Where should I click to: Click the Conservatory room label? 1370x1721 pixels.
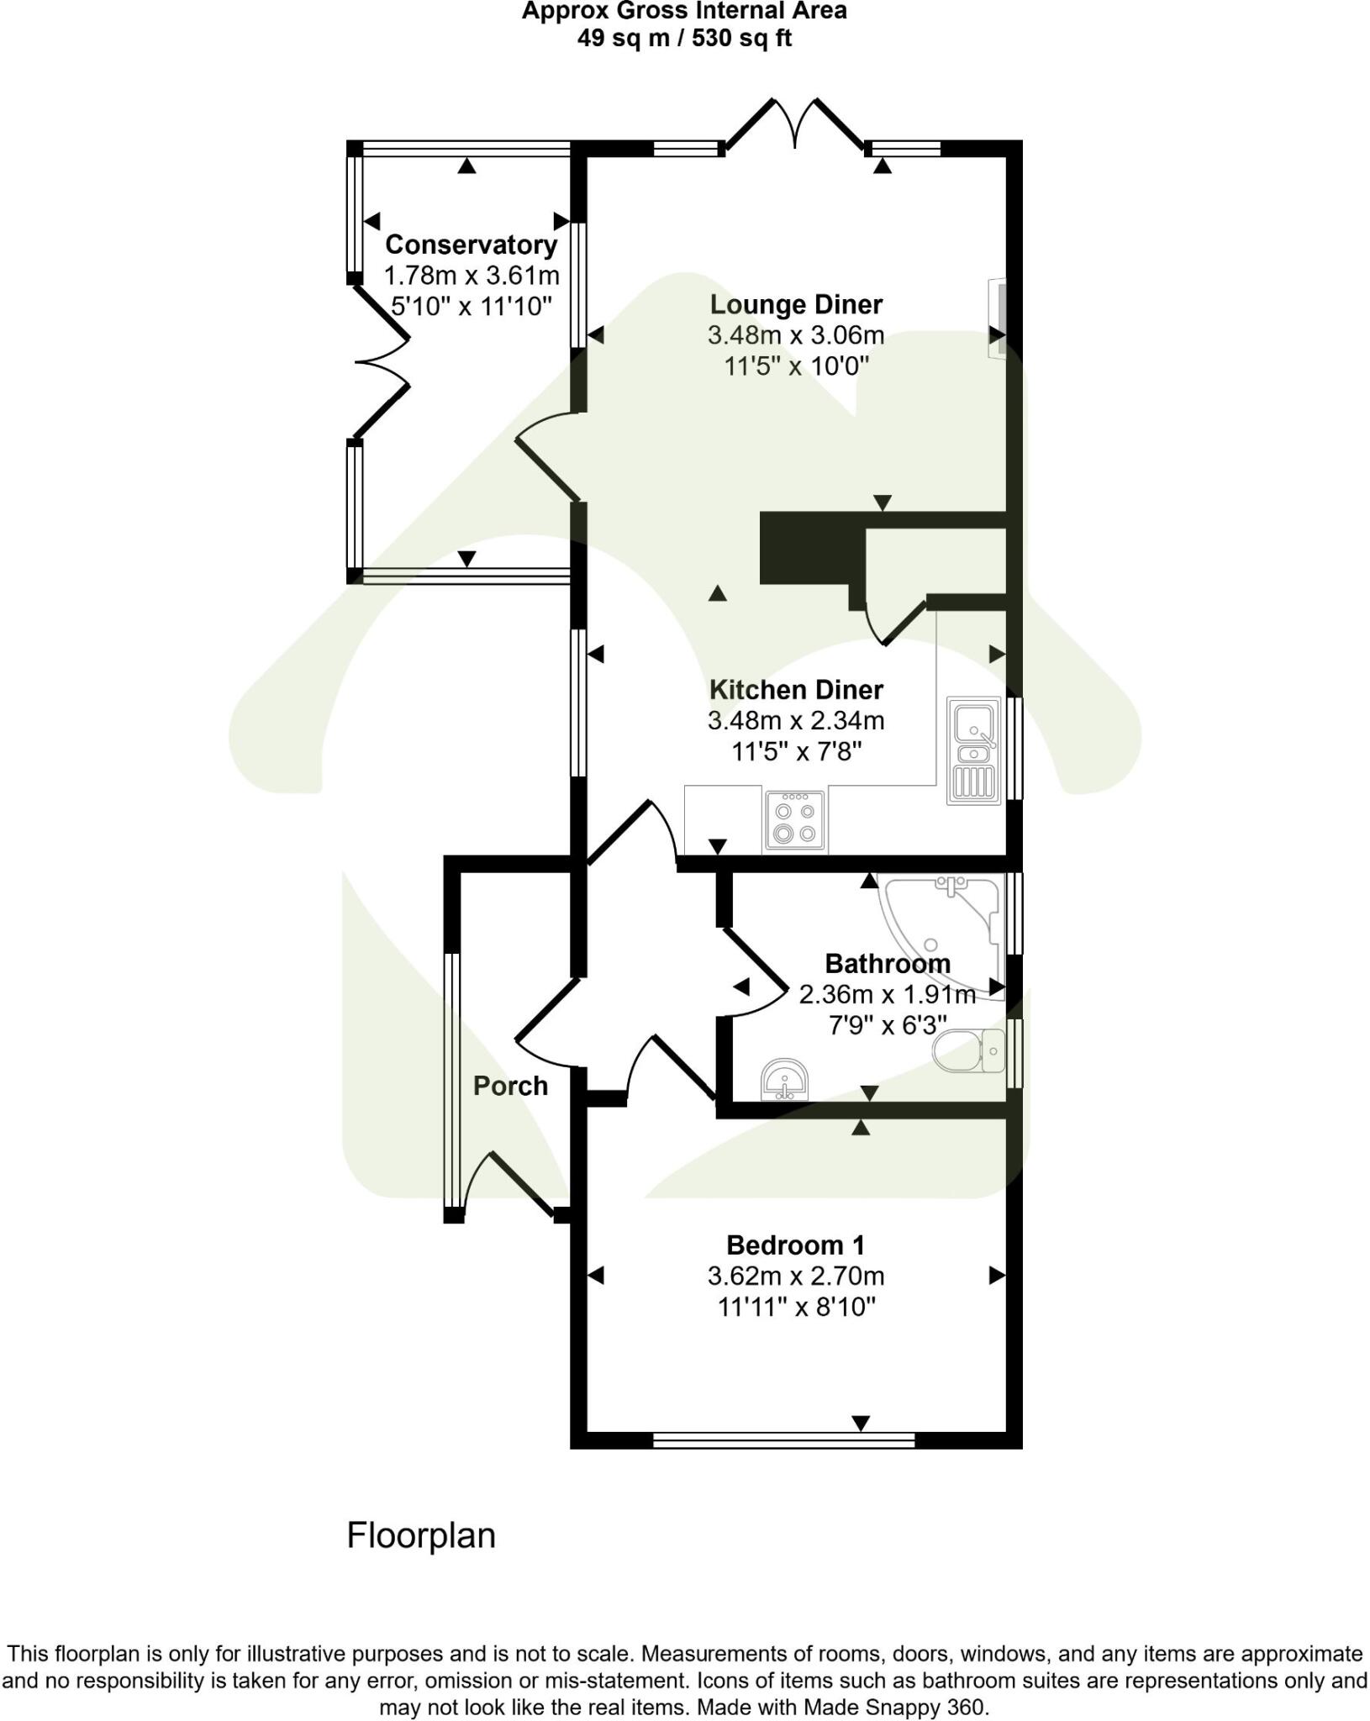(x=471, y=245)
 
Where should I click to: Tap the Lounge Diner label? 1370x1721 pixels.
(x=795, y=304)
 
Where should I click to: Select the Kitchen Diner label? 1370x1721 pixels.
(x=795, y=689)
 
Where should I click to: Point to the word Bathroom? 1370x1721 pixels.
(x=887, y=963)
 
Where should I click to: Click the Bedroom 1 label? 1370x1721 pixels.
(x=795, y=1245)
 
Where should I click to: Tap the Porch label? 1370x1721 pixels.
(x=510, y=1086)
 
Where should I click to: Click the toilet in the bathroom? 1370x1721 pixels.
(x=970, y=1050)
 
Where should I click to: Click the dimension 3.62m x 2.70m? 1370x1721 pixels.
(x=795, y=1276)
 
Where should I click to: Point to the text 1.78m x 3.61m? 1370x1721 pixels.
(x=471, y=275)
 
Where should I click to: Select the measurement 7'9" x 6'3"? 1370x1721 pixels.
(x=887, y=1025)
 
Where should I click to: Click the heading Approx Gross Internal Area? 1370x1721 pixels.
(x=684, y=11)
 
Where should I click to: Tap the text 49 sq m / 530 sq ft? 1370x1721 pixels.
(x=684, y=39)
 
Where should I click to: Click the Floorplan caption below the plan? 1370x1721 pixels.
(x=421, y=1536)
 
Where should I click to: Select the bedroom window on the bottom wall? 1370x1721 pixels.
(x=783, y=1440)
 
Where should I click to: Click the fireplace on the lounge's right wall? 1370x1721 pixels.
(x=997, y=318)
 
